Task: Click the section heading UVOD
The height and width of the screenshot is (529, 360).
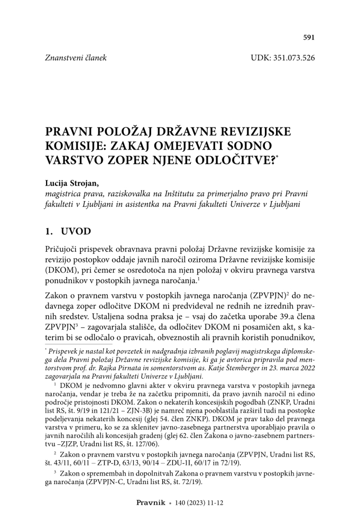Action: (x=78, y=232)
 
